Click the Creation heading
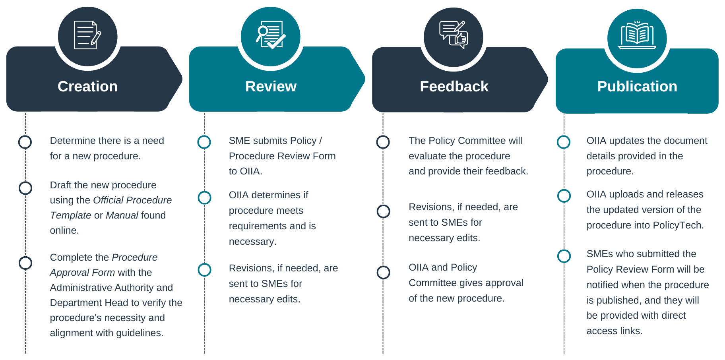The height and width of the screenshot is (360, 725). [x=87, y=87]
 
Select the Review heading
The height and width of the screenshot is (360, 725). [x=271, y=87]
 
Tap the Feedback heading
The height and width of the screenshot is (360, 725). [x=454, y=87]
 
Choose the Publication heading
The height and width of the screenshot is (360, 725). [x=637, y=87]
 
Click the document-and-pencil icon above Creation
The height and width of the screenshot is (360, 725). [x=87, y=36]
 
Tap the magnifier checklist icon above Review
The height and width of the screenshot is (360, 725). [x=271, y=36]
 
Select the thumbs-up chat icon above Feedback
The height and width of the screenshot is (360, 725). [x=454, y=36]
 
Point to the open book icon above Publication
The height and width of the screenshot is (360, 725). [x=637, y=37]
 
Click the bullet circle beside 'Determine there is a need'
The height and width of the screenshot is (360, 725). [x=25, y=142]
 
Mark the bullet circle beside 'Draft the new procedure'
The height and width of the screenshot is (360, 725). [x=25, y=188]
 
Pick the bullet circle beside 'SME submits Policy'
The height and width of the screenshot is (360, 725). [x=204, y=142]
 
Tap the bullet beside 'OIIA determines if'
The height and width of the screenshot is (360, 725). [x=205, y=197]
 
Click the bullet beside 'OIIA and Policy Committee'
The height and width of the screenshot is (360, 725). [x=384, y=273]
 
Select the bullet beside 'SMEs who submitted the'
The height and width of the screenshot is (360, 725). [x=564, y=256]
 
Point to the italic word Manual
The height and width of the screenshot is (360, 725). [x=122, y=215]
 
